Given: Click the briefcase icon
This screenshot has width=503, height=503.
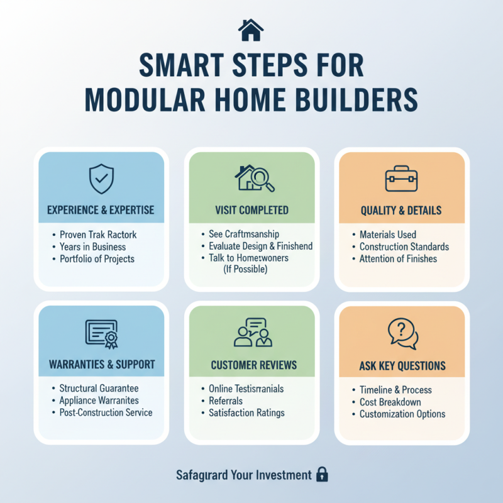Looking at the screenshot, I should pos(401,180).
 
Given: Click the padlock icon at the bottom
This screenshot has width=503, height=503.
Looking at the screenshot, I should pos(322,474).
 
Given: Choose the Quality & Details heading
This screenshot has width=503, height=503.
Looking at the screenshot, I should pos(401,211).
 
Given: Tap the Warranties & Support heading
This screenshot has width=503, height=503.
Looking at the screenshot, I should pos(101,365).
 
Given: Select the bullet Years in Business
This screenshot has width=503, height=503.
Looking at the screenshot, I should pos(92,247).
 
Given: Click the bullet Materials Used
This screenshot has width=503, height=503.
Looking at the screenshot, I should pos(387,235).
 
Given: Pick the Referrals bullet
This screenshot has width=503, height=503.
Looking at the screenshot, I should pos(226,401).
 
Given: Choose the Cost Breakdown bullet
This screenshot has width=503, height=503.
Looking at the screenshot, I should pos(390,402).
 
